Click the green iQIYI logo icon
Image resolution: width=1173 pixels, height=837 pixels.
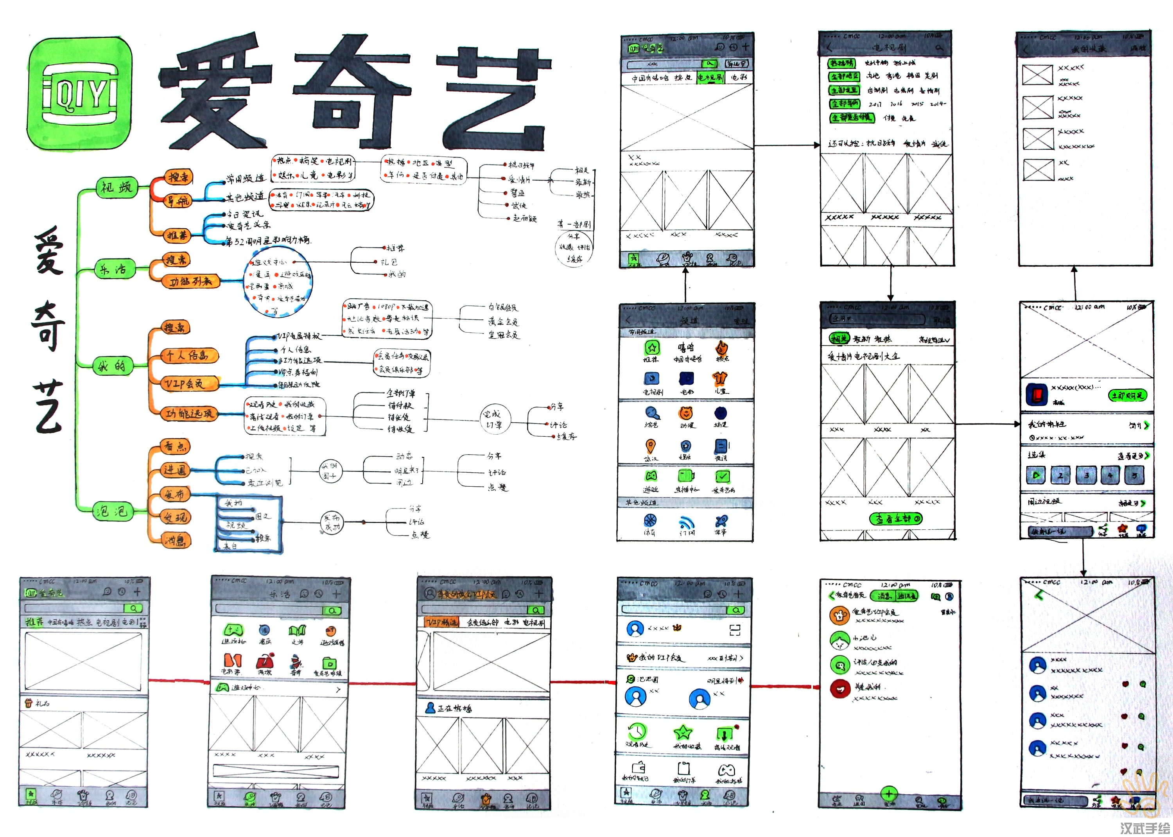tap(79, 94)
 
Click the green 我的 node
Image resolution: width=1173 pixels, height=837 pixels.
tap(112, 366)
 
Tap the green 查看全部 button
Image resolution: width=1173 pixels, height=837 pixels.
tap(896, 518)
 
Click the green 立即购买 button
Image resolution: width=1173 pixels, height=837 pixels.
tap(1127, 395)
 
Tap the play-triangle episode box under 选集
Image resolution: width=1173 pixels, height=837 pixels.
tap(1036, 475)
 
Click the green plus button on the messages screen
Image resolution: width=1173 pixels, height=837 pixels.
tap(890, 794)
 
